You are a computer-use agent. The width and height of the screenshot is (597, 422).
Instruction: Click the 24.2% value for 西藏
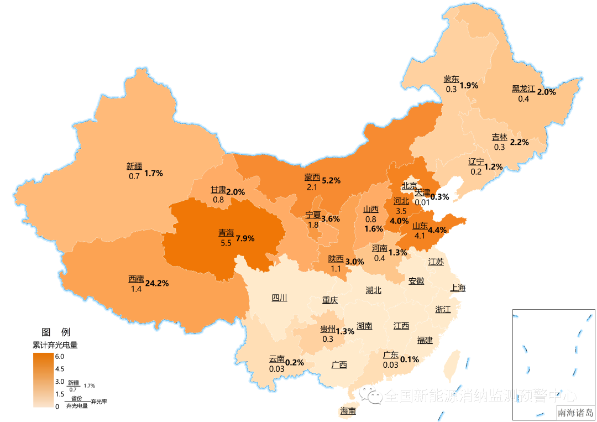coord(156,283)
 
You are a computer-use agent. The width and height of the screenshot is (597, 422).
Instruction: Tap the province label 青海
coord(226,233)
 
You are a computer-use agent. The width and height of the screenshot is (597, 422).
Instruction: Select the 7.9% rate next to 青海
coord(245,238)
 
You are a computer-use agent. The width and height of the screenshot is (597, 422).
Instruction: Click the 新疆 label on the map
coord(134,166)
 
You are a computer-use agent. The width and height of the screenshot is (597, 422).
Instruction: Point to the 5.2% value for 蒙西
coord(331,180)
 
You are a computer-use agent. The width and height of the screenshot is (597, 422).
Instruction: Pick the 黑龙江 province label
coord(523,88)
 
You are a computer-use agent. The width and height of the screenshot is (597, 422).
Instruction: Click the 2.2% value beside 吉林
coord(519,142)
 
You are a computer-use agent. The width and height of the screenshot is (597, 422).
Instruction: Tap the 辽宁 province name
coord(475,161)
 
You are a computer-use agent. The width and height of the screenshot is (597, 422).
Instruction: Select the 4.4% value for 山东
coord(437,230)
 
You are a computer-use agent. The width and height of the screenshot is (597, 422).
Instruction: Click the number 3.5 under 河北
coord(401,211)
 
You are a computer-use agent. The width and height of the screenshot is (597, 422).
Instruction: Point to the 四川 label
coord(279,298)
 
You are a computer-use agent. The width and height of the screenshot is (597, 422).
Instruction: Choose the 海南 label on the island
coord(348,411)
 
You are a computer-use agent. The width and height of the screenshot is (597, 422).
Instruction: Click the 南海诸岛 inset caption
coord(575,413)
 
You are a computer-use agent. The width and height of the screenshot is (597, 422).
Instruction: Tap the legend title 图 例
coord(56,332)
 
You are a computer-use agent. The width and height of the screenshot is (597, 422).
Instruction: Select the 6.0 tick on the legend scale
coord(59,356)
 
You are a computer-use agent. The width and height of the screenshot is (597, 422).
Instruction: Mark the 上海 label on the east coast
coord(458,288)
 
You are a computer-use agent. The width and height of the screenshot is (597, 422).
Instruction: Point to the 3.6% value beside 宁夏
coord(331,218)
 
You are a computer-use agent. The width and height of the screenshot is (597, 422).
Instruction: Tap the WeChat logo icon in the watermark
coord(371,395)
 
